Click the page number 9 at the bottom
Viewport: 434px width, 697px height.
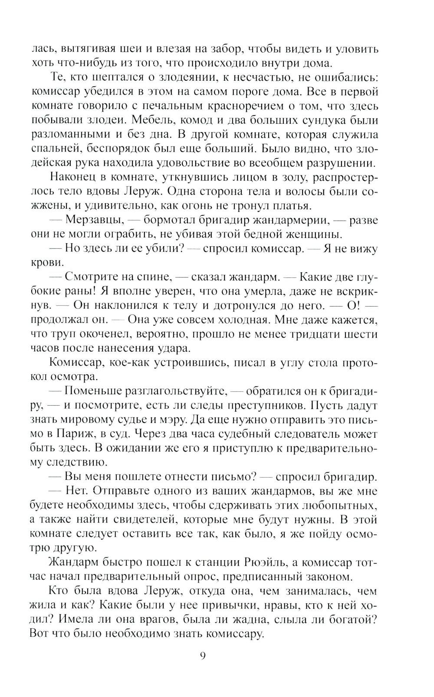(203, 655)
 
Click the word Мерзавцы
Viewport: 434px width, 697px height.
(90, 220)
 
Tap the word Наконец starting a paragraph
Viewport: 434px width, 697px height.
(76, 177)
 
